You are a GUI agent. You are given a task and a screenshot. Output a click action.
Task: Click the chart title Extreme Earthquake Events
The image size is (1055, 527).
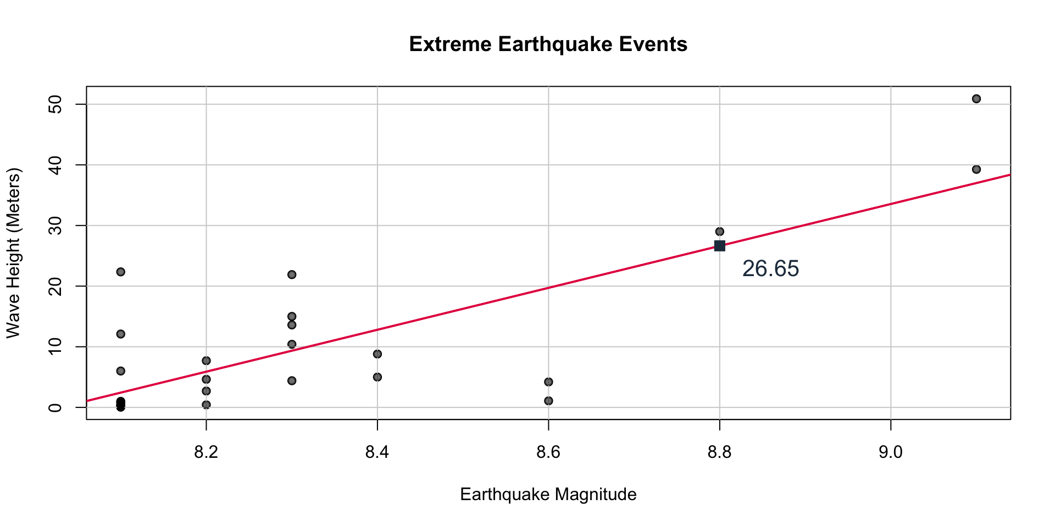tap(548, 44)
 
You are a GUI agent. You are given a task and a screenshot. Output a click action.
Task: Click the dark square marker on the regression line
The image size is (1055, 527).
tap(719, 245)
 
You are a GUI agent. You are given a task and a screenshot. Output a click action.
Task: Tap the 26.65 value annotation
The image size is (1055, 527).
tap(770, 269)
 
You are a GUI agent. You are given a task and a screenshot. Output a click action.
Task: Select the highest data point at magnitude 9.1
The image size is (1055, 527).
tap(976, 99)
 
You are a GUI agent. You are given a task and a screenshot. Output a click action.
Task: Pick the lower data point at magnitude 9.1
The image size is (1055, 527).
tap(976, 170)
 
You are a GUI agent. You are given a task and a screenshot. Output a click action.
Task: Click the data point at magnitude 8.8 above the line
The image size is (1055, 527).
tap(719, 232)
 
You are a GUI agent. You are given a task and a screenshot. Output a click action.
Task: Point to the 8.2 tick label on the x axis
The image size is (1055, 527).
tap(206, 453)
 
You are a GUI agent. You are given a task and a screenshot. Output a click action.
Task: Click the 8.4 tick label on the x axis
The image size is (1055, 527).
tap(377, 453)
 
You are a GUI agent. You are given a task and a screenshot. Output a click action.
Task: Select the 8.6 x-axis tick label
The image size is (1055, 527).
tap(548, 453)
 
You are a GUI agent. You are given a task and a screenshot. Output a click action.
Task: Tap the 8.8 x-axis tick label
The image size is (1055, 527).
tap(719, 453)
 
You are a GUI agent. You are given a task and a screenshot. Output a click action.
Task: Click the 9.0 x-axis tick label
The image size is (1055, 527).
tap(890, 453)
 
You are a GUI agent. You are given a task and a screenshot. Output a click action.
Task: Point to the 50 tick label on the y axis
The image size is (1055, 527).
tap(55, 104)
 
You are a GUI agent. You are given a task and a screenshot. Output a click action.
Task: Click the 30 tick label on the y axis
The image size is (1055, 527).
tap(55, 226)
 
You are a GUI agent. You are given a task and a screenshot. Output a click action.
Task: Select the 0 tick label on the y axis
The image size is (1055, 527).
tap(55, 407)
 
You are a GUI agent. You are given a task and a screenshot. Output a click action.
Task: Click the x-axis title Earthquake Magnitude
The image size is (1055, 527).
tap(548, 495)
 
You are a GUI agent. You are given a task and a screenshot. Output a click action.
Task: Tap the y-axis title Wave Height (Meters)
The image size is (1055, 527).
tap(13, 253)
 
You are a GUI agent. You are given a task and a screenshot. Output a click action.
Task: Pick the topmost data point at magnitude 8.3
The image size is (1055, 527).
tap(292, 274)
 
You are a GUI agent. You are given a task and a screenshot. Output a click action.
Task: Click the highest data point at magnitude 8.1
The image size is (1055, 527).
tap(121, 272)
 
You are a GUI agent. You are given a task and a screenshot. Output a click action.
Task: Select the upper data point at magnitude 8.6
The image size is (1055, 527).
tap(548, 382)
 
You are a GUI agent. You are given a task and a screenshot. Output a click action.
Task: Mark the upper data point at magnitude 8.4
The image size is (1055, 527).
tap(377, 354)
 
